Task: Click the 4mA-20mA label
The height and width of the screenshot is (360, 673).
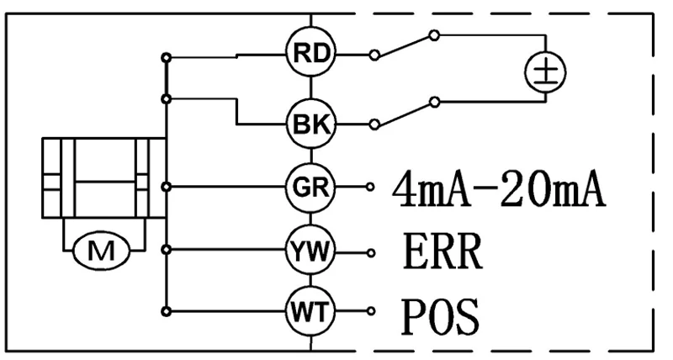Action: (498, 190)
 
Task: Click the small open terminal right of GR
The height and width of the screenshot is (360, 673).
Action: (371, 186)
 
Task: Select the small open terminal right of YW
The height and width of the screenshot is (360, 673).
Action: (371, 250)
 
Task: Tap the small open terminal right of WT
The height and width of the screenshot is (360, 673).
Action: (371, 311)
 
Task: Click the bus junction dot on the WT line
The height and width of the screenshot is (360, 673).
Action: (168, 311)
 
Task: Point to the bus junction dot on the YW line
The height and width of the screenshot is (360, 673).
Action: (168, 250)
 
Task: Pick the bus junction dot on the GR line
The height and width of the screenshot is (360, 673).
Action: (168, 186)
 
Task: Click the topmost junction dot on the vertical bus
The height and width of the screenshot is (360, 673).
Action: (168, 56)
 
